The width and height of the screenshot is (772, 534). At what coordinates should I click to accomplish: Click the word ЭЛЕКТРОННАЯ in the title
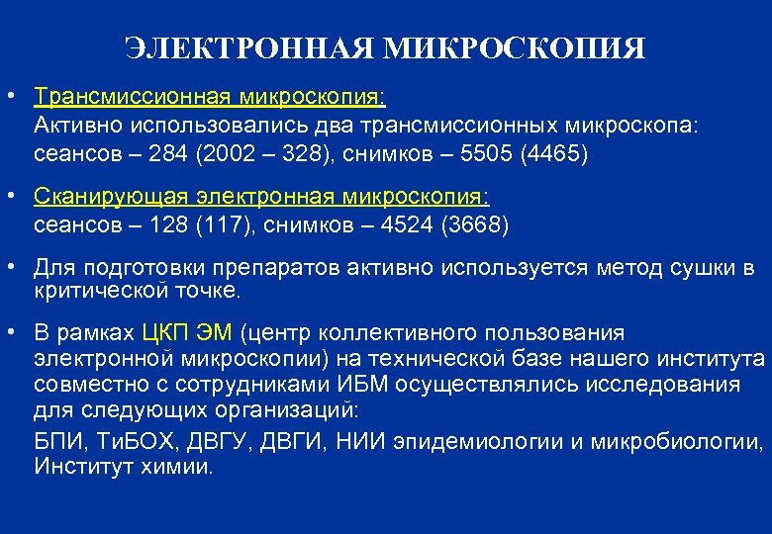(x=252, y=47)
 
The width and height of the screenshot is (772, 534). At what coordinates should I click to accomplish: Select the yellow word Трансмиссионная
(x=130, y=98)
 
